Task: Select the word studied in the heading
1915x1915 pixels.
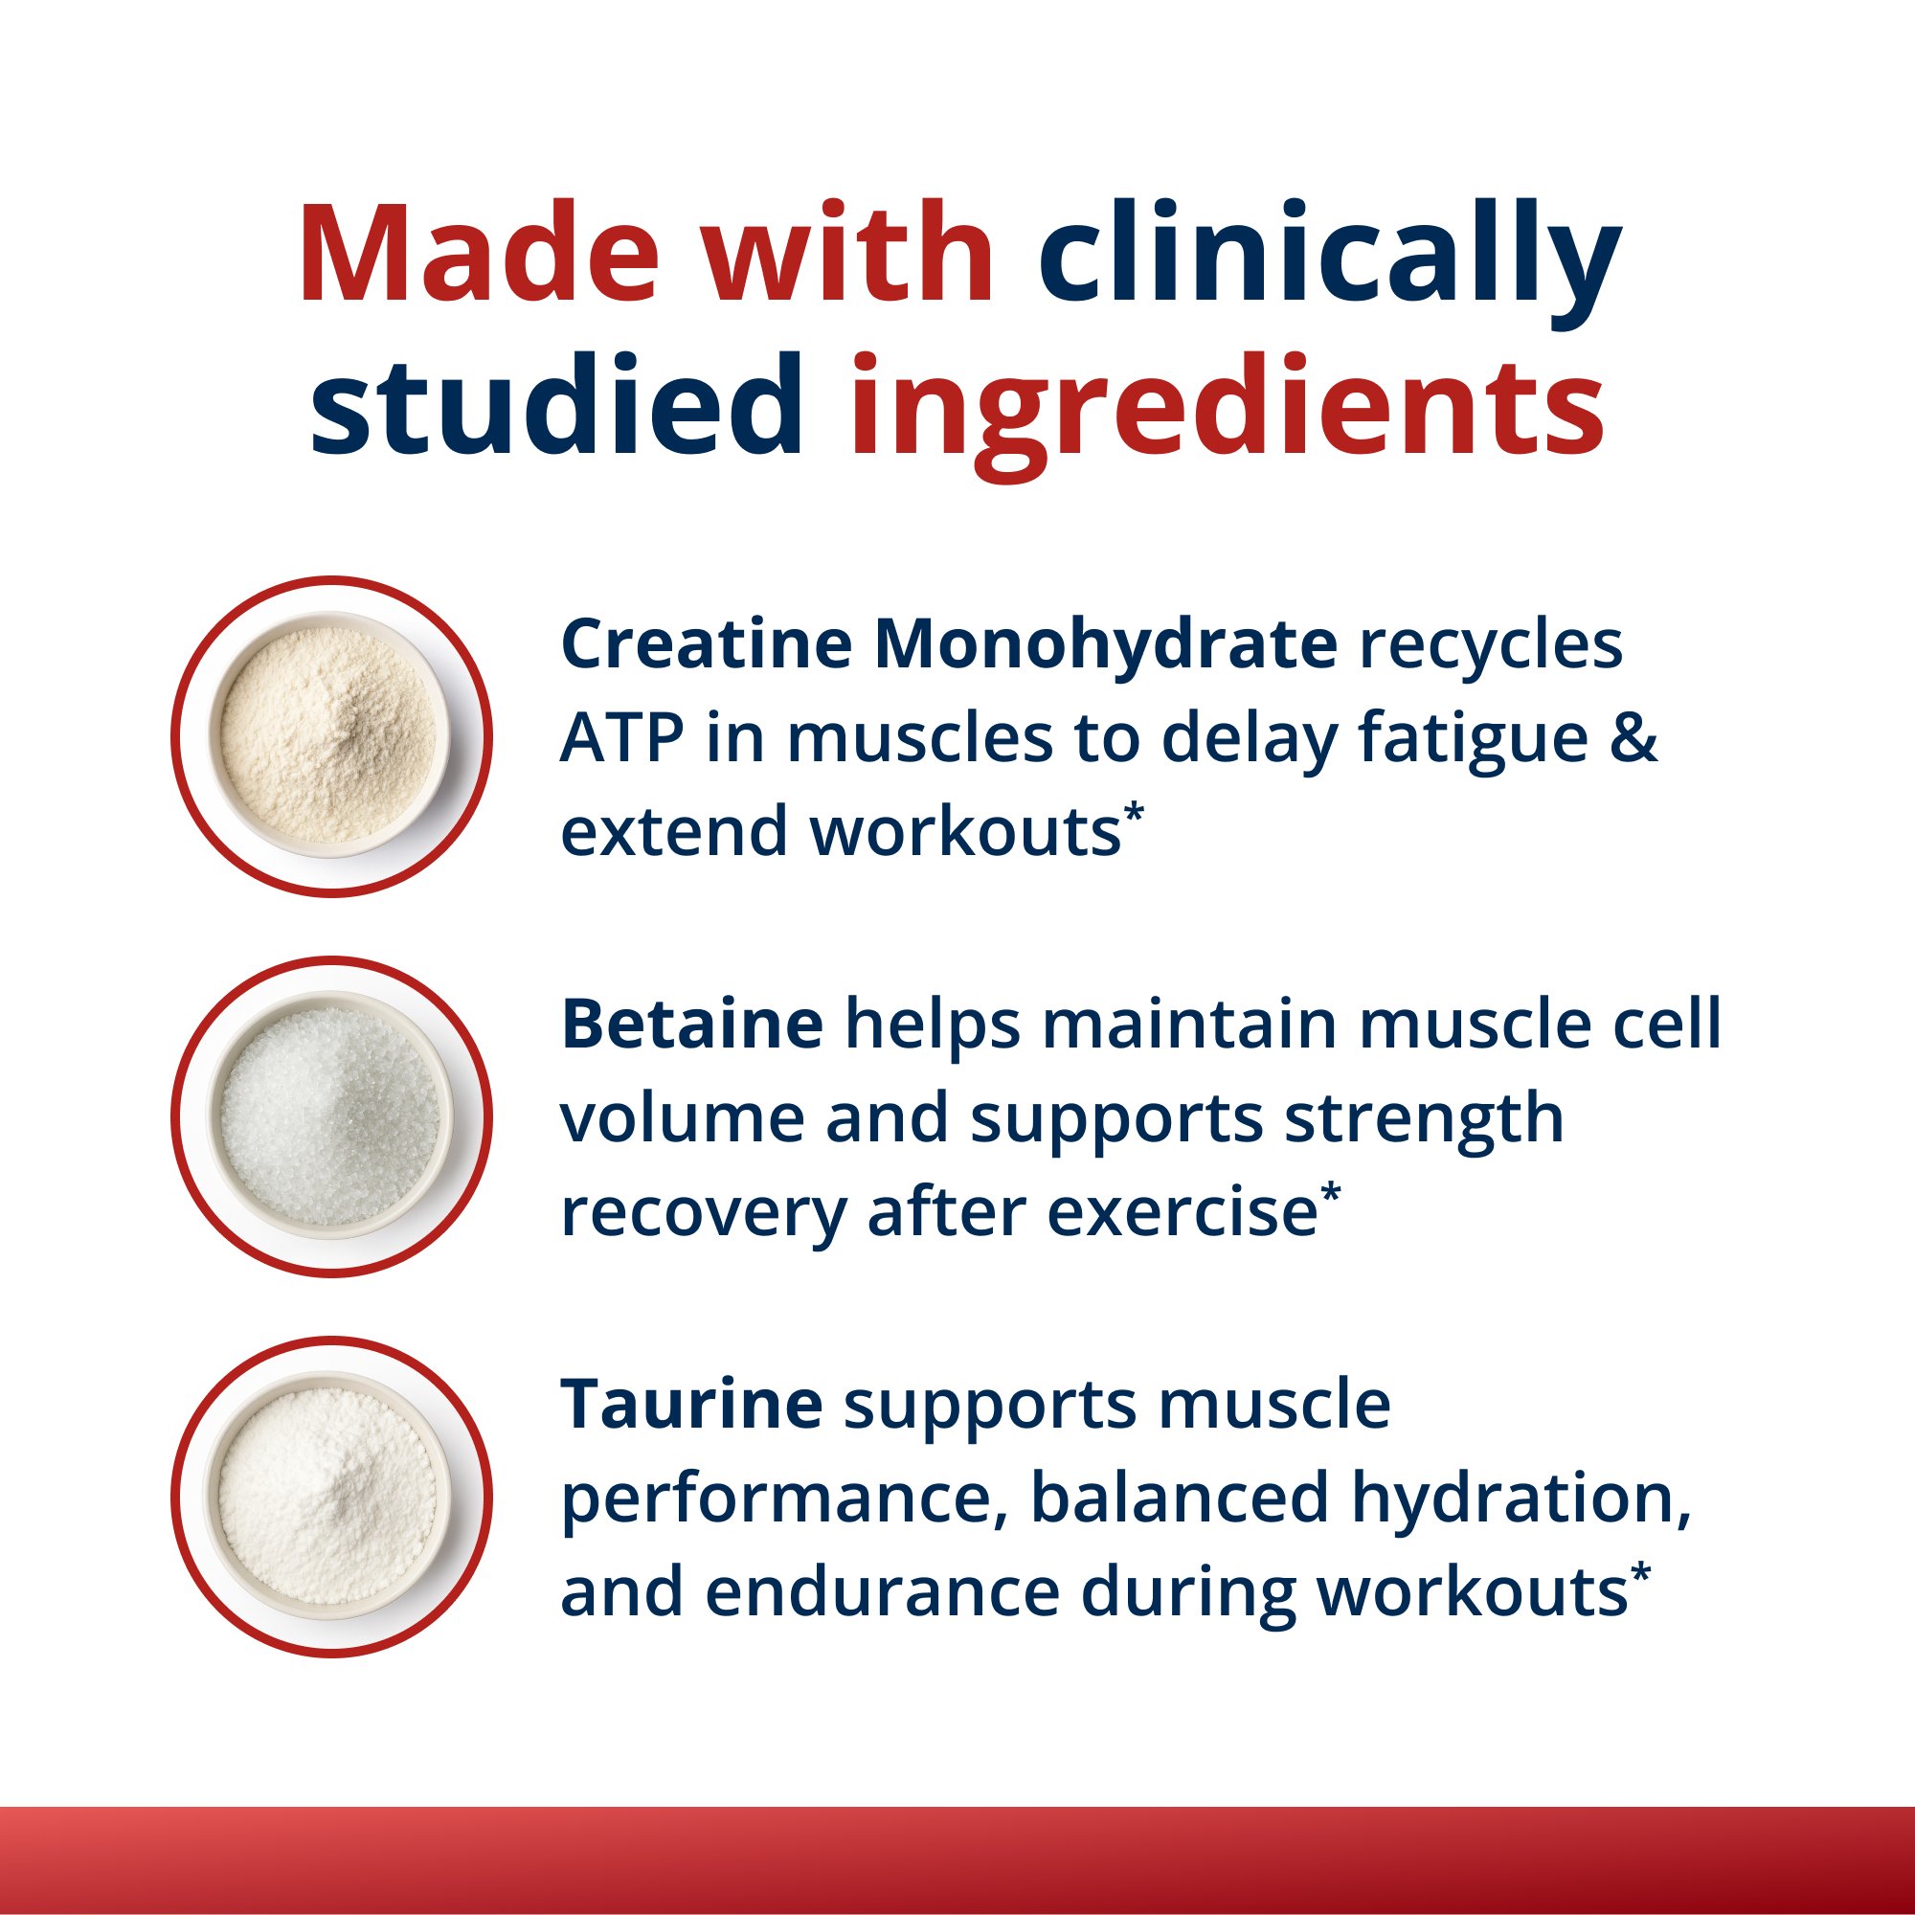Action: tap(557, 406)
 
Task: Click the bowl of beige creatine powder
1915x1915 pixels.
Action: tap(331, 736)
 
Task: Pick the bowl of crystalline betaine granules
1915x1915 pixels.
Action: tap(331, 1116)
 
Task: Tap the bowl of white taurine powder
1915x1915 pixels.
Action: tap(331, 1496)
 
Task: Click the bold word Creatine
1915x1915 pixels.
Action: tap(706, 644)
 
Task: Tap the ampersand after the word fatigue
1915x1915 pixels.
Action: tap(1633, 738)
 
